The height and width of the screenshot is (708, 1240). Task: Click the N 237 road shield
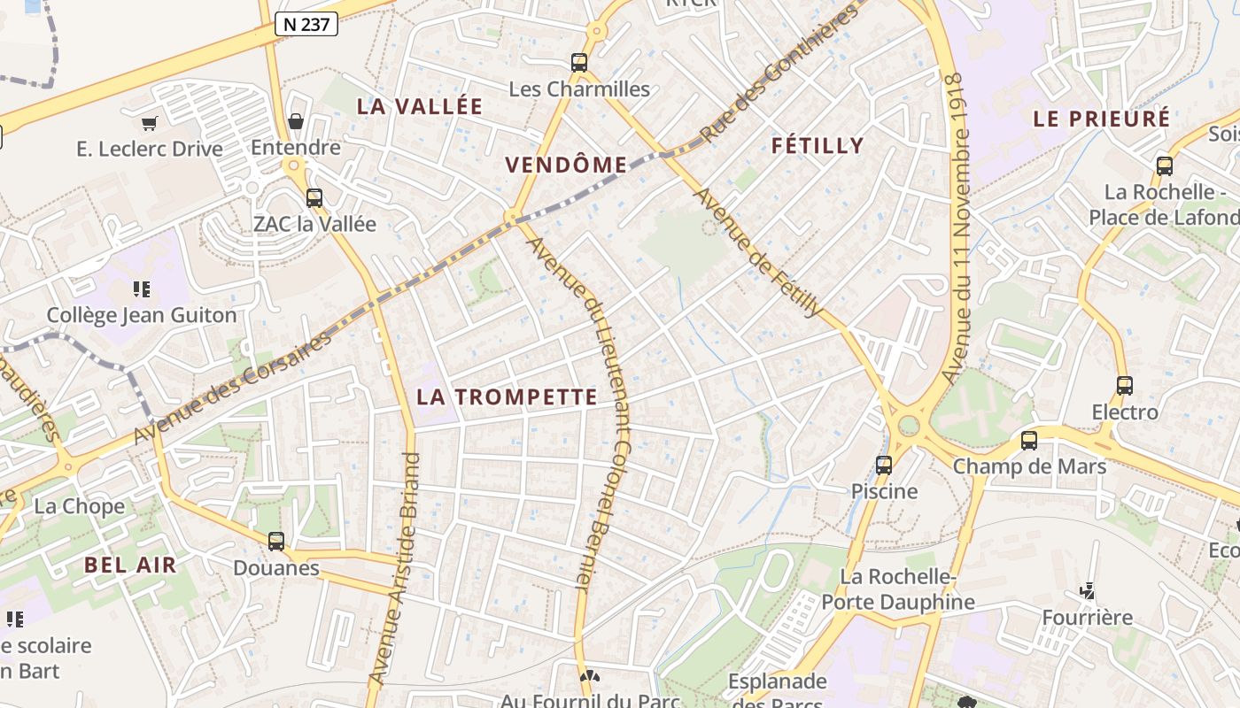coord(306,25)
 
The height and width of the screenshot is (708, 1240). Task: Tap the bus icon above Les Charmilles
coord(579,63)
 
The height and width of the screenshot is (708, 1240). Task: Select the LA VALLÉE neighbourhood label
coord(420,106)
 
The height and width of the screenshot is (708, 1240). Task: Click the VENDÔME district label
coord(566,165)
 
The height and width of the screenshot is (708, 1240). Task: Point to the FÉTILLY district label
coord(817,146)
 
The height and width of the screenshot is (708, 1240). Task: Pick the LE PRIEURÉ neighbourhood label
coord(1102,119)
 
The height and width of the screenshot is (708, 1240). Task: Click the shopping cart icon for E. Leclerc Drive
coord(150,123)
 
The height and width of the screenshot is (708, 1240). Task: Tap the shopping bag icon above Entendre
coord(296,121)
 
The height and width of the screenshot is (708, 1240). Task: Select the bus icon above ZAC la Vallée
coord(314,198)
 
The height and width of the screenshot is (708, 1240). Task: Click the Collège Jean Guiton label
coord(142,315)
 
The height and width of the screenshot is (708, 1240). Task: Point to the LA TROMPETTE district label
coord(507,397)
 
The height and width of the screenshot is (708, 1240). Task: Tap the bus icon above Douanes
coord(276,541)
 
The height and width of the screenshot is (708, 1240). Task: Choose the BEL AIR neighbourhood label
coord(130,565)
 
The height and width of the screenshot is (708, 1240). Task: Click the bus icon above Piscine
coord(884,465)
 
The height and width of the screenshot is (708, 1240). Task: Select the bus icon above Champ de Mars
coord(1029,440)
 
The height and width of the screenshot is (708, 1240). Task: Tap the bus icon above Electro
coord(1125,386)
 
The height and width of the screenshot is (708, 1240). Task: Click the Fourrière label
coord(1087,617)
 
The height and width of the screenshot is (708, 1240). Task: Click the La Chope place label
coord(80,506)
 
